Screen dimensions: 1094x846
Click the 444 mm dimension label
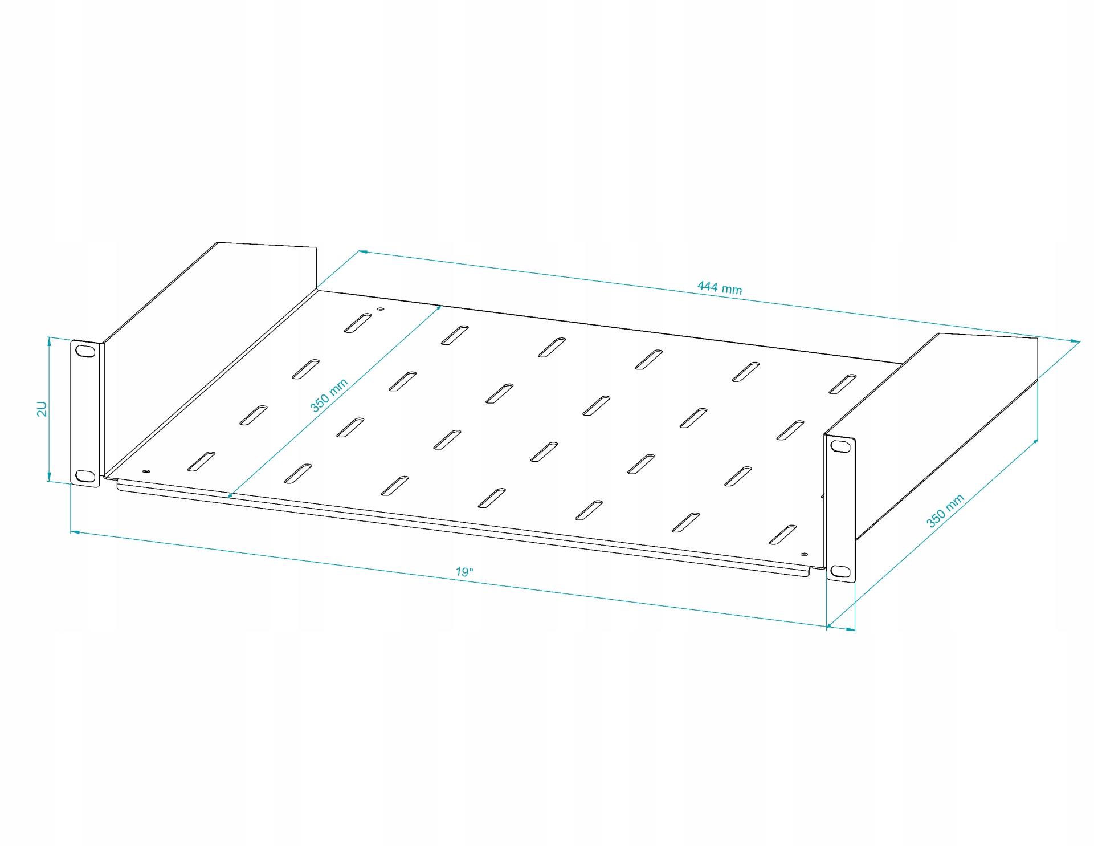click(719, 288)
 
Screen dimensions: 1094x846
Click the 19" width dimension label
click(464, 571)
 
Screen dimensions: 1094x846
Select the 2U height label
click(42, 409)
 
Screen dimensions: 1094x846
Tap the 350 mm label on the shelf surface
click(329, 395)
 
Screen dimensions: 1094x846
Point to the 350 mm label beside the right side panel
click(945, 511)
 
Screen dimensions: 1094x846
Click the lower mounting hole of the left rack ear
click(85, 475)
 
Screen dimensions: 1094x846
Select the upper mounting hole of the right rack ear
click(840, 447)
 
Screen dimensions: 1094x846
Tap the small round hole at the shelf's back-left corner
click(381, 310)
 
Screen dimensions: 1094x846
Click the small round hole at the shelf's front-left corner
click(146, 471)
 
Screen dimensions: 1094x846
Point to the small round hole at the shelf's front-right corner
click(803, 554)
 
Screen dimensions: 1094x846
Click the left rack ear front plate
click(85, 413)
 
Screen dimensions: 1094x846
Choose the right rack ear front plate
click(840, 509)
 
